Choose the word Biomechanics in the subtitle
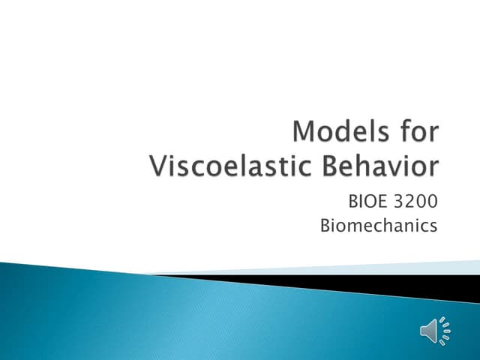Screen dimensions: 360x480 point(378,225)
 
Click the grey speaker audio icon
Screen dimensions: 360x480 point(433,330)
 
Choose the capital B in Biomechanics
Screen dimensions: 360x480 point(325,225)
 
